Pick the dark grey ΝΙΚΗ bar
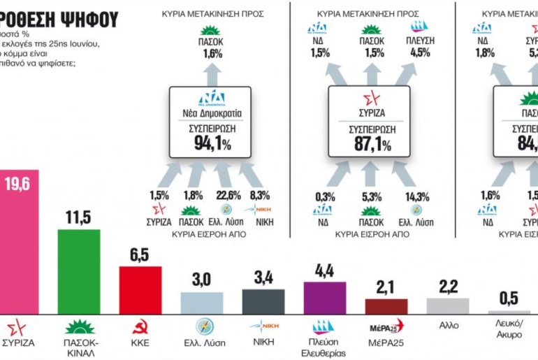(x=263, y=301)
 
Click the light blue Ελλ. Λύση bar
(x=202, y=302)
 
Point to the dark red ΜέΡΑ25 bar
(x=386, y=305)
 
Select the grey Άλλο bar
(x=447, y=305)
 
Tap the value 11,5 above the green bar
(x=78, y=217)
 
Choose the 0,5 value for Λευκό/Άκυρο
(x=509, y=298)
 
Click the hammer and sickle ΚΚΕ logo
(x=140, y=326)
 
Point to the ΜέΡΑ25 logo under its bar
(x=386, y=326)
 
